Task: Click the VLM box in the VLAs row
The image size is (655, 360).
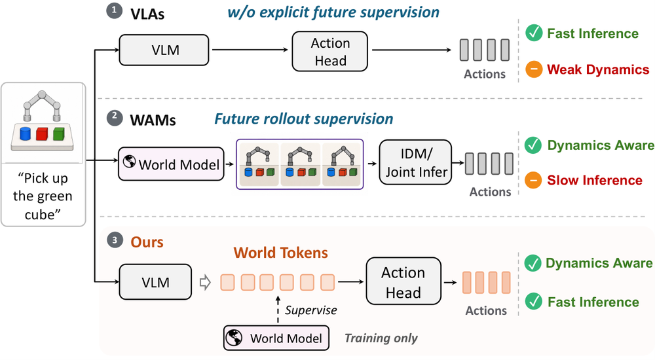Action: coord(164,50)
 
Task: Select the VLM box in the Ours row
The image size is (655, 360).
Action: coord(155,282)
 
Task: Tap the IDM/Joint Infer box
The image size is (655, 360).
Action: coord(415,162)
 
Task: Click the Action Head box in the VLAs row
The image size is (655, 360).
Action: coord(330,51)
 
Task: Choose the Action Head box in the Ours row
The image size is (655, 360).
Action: coord(403,281)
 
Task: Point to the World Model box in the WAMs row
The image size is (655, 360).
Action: coord(171,164)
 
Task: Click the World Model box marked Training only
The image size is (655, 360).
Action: coord(276,338)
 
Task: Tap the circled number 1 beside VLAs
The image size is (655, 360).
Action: coord(114,11)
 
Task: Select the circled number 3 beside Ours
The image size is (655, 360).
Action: coord(115,240)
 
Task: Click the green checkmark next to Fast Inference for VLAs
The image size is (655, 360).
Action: coord(534,33)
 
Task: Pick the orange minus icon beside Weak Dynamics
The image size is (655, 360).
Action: coord(534,69)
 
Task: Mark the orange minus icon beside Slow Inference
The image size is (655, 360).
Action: coord(533,180)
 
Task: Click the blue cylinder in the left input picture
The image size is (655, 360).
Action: coord(26,134)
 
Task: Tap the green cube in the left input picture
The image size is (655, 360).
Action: coord(59,134)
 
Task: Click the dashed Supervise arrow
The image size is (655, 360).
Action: coord(278,310)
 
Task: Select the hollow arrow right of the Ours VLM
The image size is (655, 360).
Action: coord(205,283)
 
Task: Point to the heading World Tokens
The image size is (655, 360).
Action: coord(281,253)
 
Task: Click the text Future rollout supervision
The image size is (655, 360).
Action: coord(304,119)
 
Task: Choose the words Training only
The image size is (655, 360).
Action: coord(381,338)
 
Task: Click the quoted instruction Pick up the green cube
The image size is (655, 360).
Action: coord(43,196)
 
